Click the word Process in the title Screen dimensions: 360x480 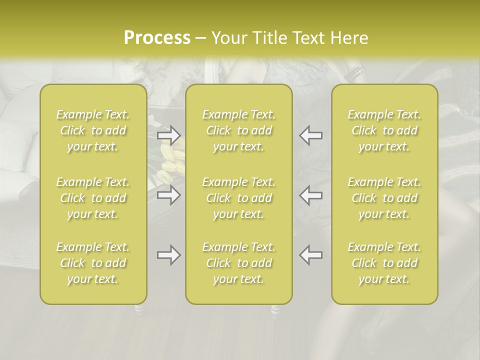pos(157,38)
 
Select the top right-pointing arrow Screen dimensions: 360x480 pos(168,135)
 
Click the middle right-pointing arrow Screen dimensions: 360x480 pos(168,195)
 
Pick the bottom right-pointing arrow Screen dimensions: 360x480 pos(168,255)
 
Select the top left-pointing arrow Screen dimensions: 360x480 pos(311,135)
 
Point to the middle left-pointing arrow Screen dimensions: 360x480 pos(311,195)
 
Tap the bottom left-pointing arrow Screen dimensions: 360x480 pos(311,255)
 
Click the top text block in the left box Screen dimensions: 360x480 pos(93,130)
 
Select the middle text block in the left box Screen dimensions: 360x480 pos(93,198)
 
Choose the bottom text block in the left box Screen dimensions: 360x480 pos(93,263)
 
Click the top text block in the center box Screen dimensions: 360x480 pos(238,130)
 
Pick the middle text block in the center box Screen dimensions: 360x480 pos(238,198)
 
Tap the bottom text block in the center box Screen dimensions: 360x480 pos(238,263)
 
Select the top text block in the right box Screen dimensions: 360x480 pos(384,130)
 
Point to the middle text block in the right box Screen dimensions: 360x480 pos(384,198)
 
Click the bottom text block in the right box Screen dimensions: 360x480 pos(384,263)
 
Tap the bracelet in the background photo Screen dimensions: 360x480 pos(354,73)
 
